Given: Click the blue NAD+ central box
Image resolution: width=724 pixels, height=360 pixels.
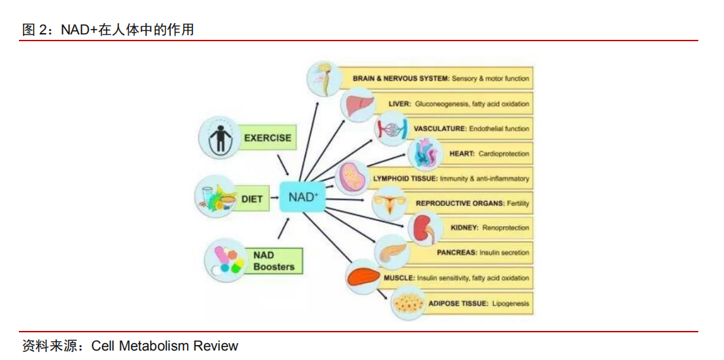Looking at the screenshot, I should (x=303, y=197).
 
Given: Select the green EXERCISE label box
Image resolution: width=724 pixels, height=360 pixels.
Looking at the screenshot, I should (x=267, y=138).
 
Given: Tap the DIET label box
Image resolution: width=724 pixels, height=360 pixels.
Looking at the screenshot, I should (x=252, y=199).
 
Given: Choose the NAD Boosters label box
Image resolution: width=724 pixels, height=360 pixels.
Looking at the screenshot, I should (x=274, y=261).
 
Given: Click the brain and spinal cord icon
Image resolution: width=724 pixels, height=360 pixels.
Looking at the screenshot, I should (x=326, y=78).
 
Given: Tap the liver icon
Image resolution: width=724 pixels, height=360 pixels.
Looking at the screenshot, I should (x=357, y=105).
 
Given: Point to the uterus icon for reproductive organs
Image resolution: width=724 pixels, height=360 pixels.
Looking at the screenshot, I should (x=390, y=203).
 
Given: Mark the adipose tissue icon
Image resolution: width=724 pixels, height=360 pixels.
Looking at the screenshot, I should (x=409, y=303).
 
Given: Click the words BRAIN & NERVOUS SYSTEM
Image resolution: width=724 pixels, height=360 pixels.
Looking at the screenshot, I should (x=400, y=78).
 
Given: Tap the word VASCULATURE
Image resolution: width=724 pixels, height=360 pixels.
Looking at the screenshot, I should (x=440, y=128).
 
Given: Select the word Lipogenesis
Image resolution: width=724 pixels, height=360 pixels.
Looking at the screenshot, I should (x=510, y=303).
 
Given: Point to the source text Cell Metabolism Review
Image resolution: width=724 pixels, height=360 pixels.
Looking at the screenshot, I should (x=165, y=346).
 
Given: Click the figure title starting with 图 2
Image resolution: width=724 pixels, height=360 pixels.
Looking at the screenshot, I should (x=108, y=29).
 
